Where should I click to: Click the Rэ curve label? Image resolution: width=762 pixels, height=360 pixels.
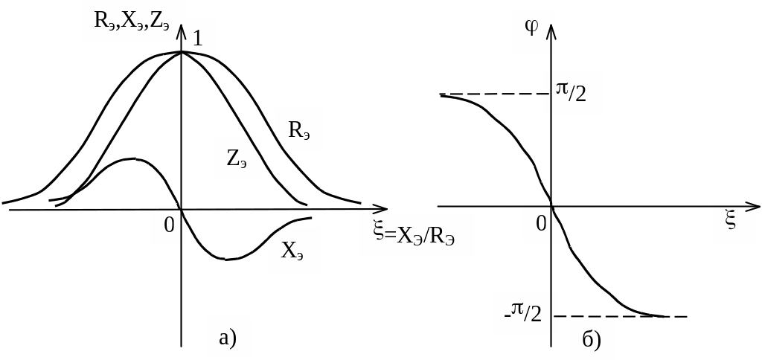point(299,131)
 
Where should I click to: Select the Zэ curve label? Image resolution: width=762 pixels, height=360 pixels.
point(237,158)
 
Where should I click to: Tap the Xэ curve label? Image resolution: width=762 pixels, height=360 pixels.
point(292,251)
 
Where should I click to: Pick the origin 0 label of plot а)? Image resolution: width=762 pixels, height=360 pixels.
point(169,224)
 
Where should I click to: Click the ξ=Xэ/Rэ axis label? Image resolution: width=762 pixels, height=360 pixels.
point(415,234)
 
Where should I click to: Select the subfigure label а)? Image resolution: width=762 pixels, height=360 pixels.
point(228,338)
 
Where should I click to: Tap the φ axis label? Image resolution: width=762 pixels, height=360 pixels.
point(532,28)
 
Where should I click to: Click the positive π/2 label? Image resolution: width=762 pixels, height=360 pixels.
point(571,92)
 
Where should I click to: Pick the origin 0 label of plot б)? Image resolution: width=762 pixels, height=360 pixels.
point(542,222)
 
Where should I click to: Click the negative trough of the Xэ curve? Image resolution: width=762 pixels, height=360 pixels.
point(227,259)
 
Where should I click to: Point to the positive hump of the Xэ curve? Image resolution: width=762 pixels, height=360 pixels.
point(132,159)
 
